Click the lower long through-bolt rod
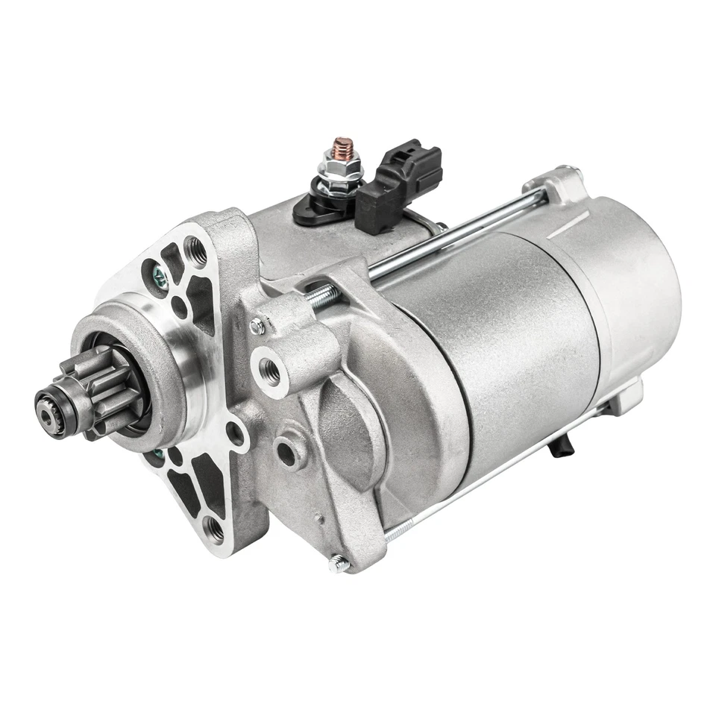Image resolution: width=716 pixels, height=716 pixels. click(492, 470)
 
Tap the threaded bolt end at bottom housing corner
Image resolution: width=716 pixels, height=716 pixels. click(339, 564)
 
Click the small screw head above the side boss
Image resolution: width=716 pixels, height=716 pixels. click(257, 326)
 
